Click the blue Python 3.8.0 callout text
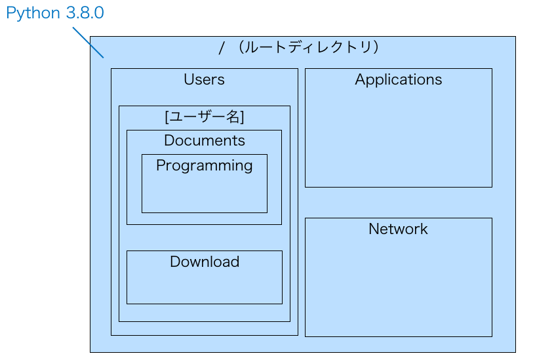pos(55,13)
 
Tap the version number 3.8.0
pos(85,13)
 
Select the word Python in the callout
pos(33,14)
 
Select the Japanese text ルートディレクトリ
pos(307,48)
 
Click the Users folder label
pos(204,80)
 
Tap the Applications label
pos(398,80)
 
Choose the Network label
pos(398,229)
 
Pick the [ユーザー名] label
pos(204,117)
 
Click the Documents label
pos(204,140)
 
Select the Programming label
pos(204,165)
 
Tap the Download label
pos(204,262)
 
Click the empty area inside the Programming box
pos(204,193)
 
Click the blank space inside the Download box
pos(204,287)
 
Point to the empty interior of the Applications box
pos(398,138)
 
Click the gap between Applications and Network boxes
pos(398,203)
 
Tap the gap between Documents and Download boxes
pos(204,237)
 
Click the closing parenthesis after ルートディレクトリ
pos(376,48)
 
